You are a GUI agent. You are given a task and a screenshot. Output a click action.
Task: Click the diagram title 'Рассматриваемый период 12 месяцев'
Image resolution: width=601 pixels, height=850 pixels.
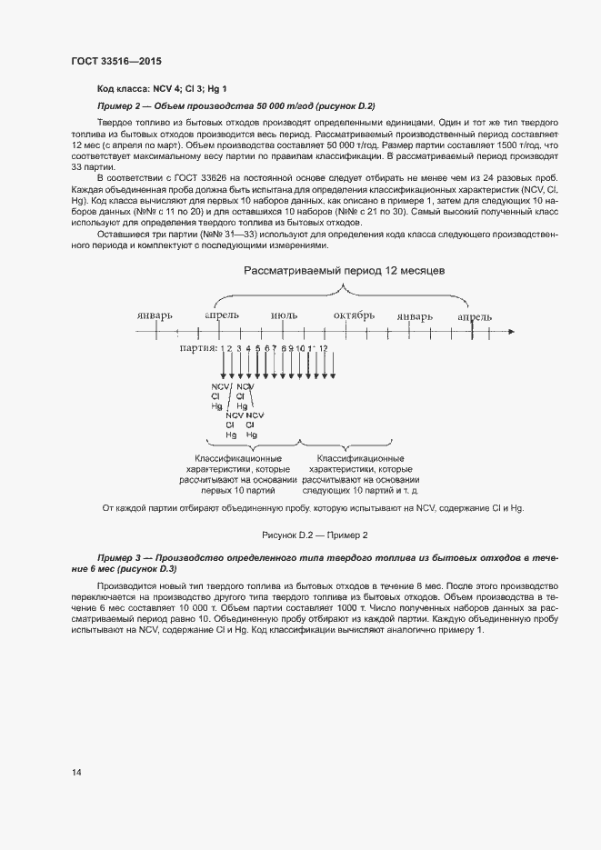click(x=344, y=272)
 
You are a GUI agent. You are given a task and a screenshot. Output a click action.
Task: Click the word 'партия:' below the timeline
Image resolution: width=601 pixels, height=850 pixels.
click(x=197, y=348)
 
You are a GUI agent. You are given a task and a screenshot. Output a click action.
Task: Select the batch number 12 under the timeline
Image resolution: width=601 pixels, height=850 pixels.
click(x=323, y=348)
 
